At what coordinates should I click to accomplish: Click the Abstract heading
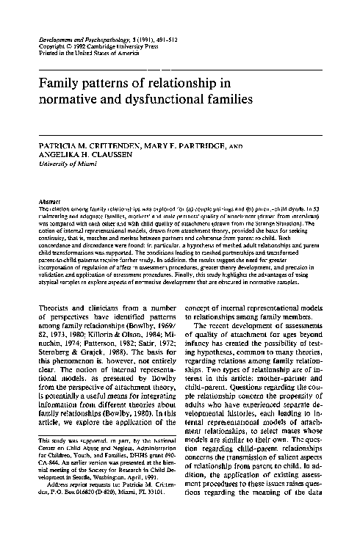pyautogui.click(x=47, y=201)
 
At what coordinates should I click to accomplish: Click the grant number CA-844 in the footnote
pyautogui.click(x=46, y=495)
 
